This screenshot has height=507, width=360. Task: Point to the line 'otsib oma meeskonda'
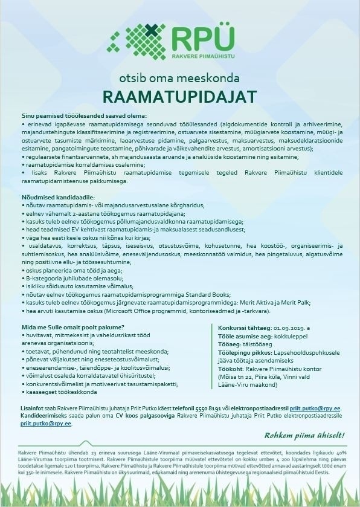[180, 79]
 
